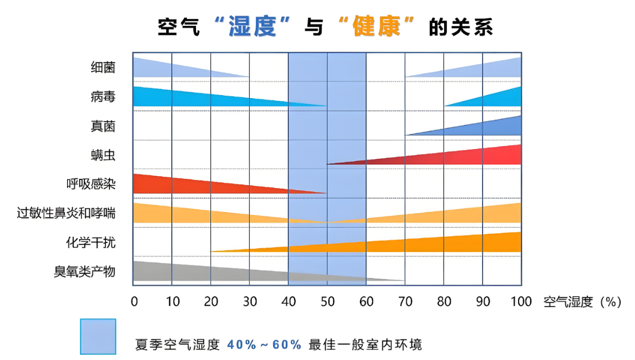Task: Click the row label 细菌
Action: (x=103, y=67)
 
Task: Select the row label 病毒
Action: (x=103, y=96)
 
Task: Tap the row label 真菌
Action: (x=103, y=126)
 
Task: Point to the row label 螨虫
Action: (x=103, y=155)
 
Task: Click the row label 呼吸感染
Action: (x=91, y=184)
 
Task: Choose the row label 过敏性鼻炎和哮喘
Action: (x=66, y=213)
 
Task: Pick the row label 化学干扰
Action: (x=91, y=242)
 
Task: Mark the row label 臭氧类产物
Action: (x=84, y=272)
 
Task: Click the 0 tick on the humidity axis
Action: (x=134, y=302)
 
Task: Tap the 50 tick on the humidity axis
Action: (x=327, y=302)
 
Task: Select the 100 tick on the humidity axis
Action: (x=521, y=302)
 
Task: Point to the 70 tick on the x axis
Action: (x=405, y=302)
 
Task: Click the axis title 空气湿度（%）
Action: (x=582, y=302)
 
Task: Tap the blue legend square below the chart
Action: (x=98, y=336)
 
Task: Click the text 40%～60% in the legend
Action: (x=264, y=345)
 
